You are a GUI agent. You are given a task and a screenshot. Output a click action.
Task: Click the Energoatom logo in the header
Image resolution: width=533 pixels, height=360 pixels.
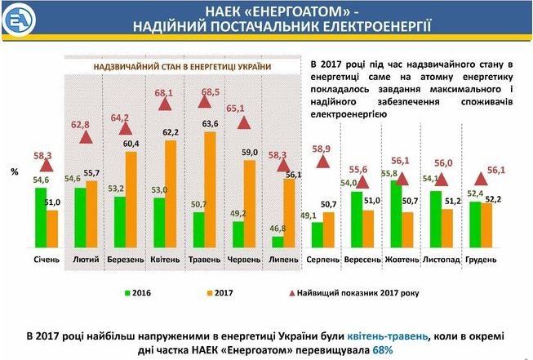click(x=19, y=20)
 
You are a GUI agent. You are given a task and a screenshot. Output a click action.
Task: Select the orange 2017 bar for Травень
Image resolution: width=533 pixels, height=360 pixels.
click(x=210, y=189)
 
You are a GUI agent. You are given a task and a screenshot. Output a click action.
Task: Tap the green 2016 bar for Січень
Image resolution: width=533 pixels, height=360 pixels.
click(x=41, y=218)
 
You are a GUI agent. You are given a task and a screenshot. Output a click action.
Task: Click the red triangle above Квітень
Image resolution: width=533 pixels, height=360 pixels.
click(x=165, y=104)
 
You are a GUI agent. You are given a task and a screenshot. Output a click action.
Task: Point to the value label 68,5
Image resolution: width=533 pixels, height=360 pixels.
click(x=211, y=91)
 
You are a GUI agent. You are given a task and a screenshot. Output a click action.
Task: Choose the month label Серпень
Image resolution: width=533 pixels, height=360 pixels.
click(x=322, y=260)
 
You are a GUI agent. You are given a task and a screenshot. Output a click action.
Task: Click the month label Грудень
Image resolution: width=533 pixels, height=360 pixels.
click(x=481, y=260)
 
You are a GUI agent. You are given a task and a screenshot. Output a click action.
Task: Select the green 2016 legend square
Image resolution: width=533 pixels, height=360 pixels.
click(x=127, y=293)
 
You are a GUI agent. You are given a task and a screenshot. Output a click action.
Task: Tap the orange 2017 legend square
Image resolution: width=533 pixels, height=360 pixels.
click(x=210, y=293)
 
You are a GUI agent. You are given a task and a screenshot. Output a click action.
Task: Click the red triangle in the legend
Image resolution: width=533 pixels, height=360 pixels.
click(x=291, y=293)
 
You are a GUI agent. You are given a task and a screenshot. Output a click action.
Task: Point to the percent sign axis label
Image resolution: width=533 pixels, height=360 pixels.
click(x=14, y=172)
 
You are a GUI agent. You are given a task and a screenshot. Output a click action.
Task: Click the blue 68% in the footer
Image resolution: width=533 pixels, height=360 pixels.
click(x=383, y=350)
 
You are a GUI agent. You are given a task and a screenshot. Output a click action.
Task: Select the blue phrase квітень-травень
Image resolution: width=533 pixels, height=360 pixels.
click(x=387, y=336)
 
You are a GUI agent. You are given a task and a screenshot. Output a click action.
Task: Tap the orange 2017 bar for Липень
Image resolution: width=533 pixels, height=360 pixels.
click(x=289, y=213)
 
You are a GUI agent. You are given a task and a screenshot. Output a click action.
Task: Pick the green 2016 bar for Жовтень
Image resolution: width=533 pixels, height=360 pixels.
click(x=396, y=214)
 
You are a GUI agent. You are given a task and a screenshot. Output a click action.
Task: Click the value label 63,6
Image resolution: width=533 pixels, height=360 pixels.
click(x=210, y=124)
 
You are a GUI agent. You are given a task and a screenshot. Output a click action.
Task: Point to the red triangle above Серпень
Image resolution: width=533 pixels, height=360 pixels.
click(x=323, y=162)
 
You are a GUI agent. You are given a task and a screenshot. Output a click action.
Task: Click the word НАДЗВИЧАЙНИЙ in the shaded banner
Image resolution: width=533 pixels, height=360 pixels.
click(x=116, y=67)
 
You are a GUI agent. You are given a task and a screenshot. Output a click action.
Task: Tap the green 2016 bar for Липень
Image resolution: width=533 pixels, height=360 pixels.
click(x=278, y=242)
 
